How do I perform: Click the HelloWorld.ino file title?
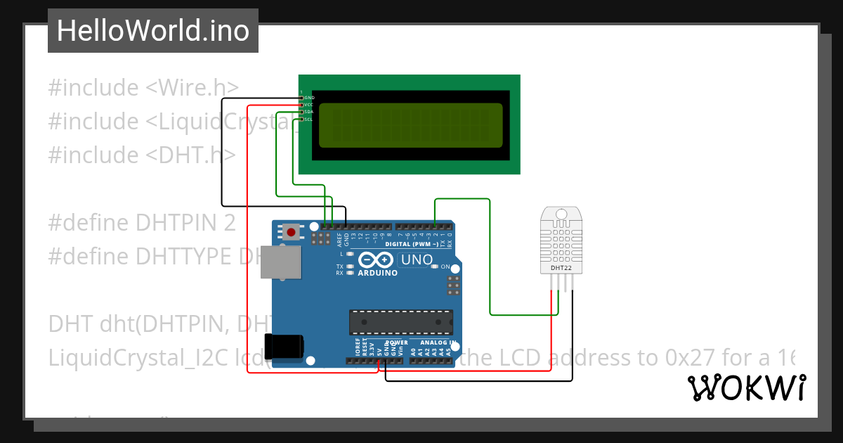152,31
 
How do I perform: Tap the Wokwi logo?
746,387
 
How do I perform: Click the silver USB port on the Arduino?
280,262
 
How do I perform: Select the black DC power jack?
285,347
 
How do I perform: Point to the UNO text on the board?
416,260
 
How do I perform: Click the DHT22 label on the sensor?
560,268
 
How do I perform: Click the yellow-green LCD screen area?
411,125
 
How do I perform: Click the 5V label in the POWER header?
379,350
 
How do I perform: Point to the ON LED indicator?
436,267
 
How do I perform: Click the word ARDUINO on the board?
378,273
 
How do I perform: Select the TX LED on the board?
349,267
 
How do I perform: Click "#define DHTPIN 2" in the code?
142,223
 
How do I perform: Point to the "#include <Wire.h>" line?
143,88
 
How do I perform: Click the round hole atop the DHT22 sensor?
561,213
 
